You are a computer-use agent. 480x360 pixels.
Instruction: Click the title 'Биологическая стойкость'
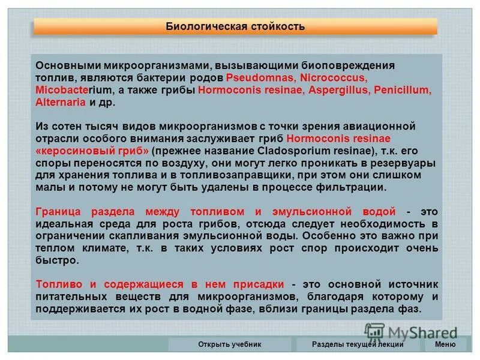click(235, 26)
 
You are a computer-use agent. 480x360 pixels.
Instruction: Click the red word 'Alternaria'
click(61, 103)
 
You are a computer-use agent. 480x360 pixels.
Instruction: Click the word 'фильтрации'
click(352, 187)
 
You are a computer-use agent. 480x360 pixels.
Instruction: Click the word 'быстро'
click(57, 260)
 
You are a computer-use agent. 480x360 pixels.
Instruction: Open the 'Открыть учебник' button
click(230, 344)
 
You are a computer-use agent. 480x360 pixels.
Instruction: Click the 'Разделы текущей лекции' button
click(358, 344)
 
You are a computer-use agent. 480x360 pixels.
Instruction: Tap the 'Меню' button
click(445, 344)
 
